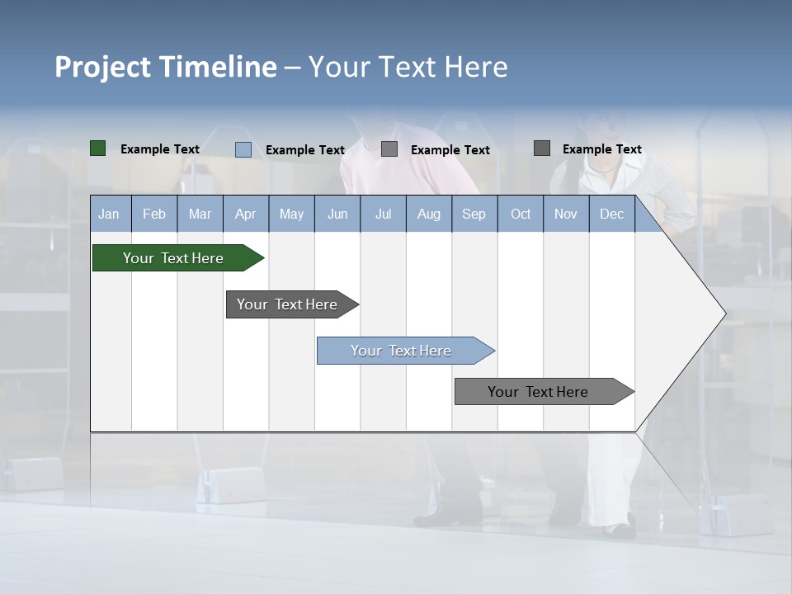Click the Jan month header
coord(109,214)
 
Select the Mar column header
coord(200,214)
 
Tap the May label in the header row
coord(291,214)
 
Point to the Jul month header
coord(383,214)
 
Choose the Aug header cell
coord(428,214)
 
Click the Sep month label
coord(474,214)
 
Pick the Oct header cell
coord(520,214)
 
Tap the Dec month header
coord(611,214)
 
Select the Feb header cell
coord(154,214)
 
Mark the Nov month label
coord(565,214)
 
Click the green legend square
coord(98,148)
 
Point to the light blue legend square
coord(243,149)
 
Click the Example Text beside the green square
coord(159,149)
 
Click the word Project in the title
coord(104,67)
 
